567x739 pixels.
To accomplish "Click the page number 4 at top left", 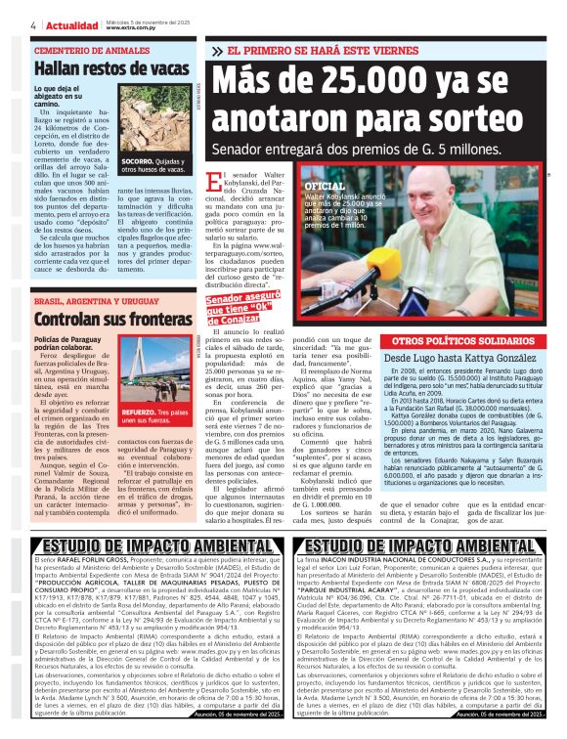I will [33, 25].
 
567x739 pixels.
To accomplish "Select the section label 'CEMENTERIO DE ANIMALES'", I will [89, 50].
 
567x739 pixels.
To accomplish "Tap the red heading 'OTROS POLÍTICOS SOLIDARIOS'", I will [455, 339].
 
